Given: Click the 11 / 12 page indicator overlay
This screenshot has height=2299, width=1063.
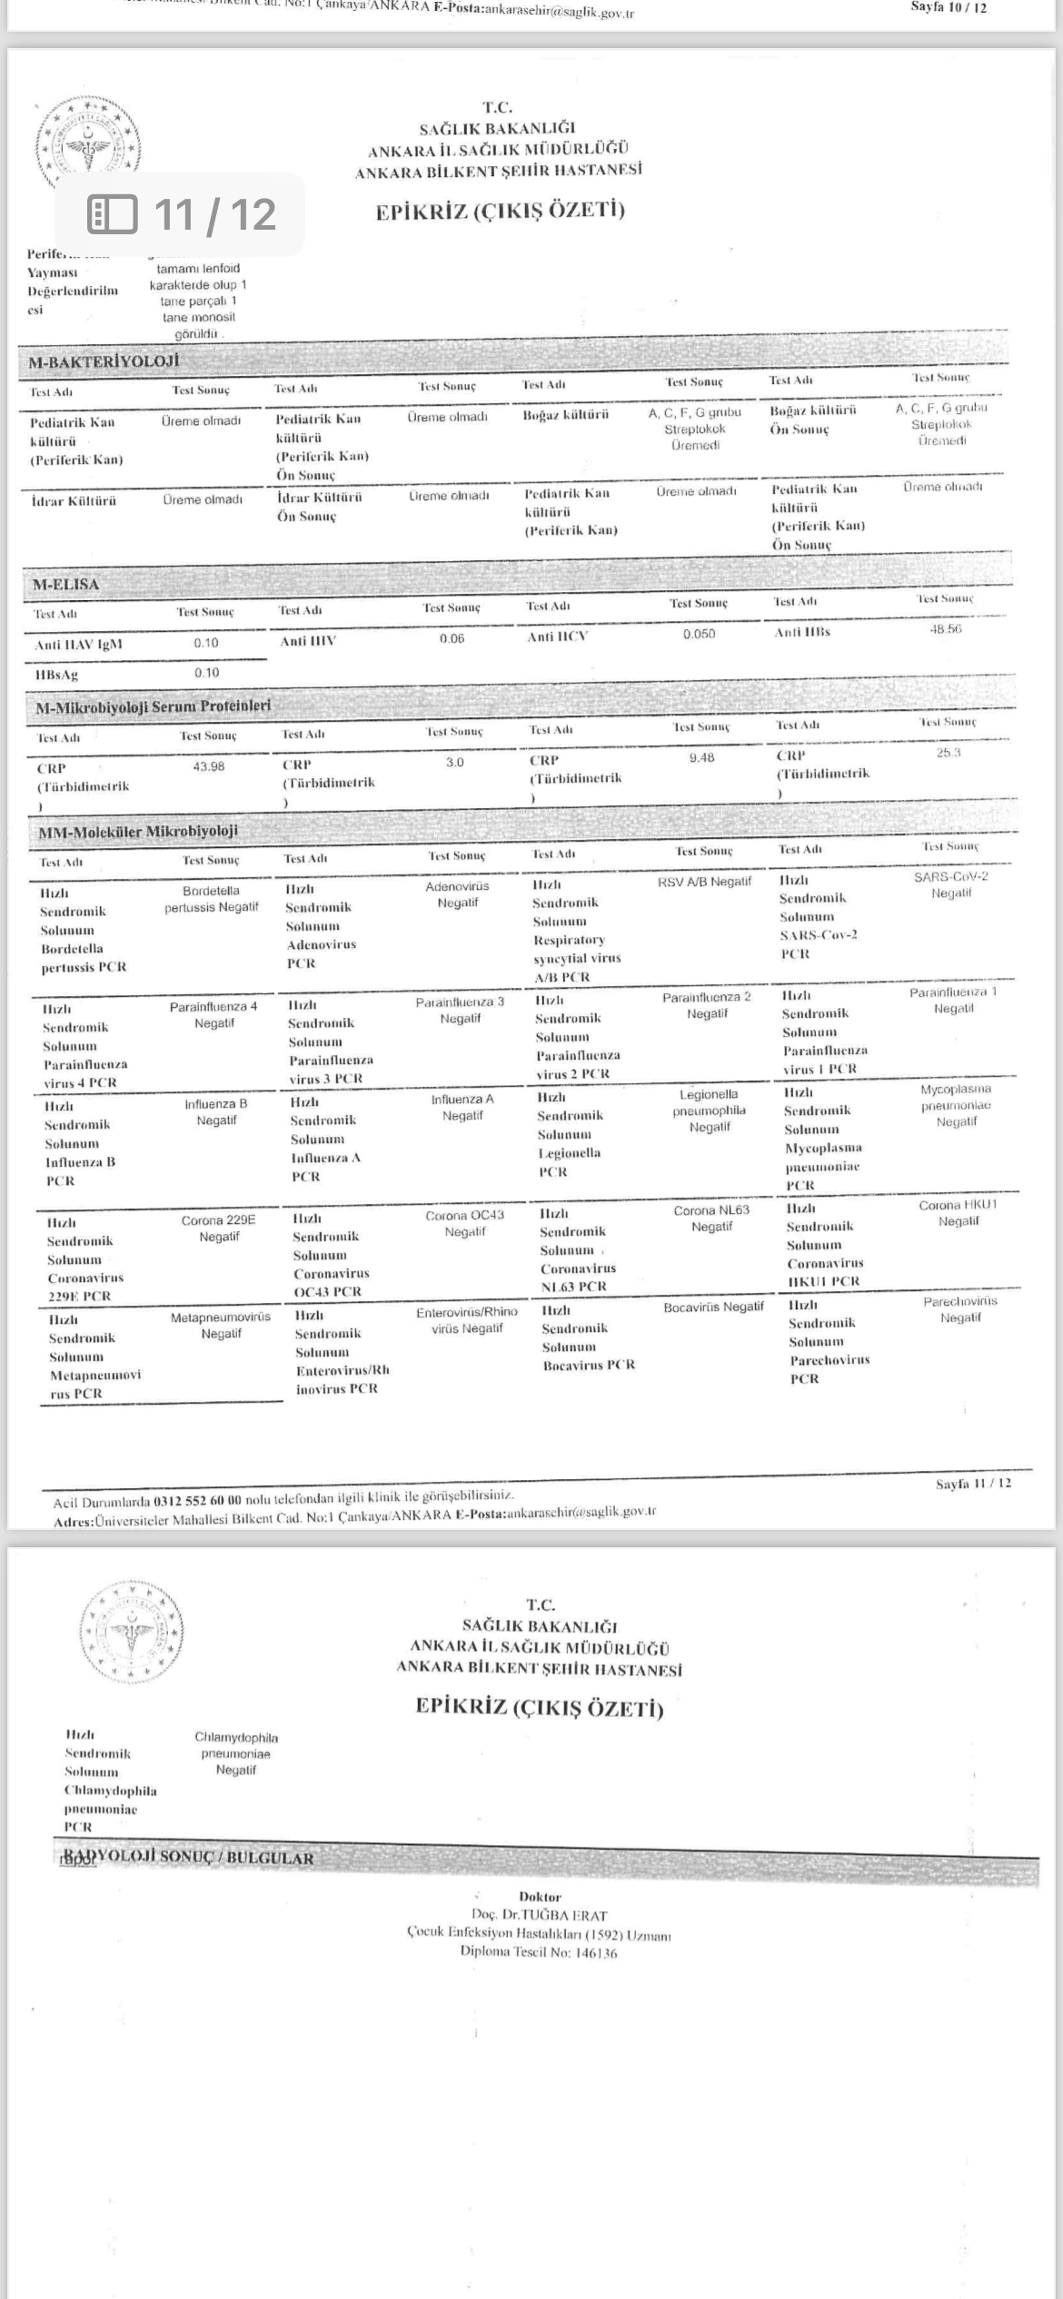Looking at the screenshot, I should click(x=182, y=214).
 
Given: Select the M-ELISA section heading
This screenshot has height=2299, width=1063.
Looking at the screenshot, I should click(x=65, y=584).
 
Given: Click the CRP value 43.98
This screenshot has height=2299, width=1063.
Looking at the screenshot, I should click(x=208, y=766).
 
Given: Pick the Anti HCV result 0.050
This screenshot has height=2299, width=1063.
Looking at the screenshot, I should click(x=699, y=634).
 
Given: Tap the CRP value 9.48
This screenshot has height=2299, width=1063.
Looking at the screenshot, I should click(x=701, y=757).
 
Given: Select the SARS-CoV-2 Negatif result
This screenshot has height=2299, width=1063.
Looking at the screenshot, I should click(x=950, y=884).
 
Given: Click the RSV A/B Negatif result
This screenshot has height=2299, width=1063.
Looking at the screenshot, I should click(x=704, y=882).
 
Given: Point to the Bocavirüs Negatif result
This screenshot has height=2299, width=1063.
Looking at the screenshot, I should click(x=713, y=1307).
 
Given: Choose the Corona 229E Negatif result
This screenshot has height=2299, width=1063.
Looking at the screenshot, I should click(x=218, y=1228).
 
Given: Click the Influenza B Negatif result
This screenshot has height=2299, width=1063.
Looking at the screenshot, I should click(x=216, y=1112).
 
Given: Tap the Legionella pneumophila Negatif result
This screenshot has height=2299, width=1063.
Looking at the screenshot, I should click(x=709, y=1110).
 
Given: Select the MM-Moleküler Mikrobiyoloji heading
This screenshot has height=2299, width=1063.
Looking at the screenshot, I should click(x=137, y=831).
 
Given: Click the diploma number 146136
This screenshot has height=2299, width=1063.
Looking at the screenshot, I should click(x=595, y=1952).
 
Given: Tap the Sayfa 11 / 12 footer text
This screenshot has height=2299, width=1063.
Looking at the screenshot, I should click(x=973, y=1483).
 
